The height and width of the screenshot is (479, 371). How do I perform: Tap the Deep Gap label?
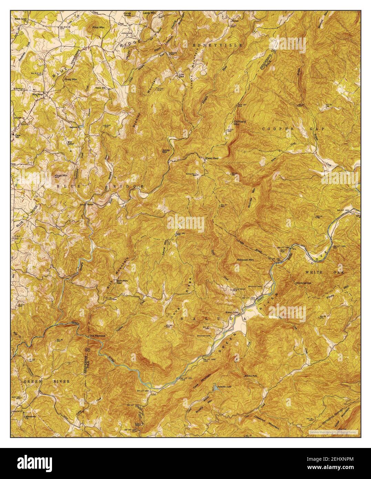point(212,158)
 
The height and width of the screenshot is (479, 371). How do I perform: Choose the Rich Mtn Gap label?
point(119,282)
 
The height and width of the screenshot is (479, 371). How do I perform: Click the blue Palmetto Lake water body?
point(215,388)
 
